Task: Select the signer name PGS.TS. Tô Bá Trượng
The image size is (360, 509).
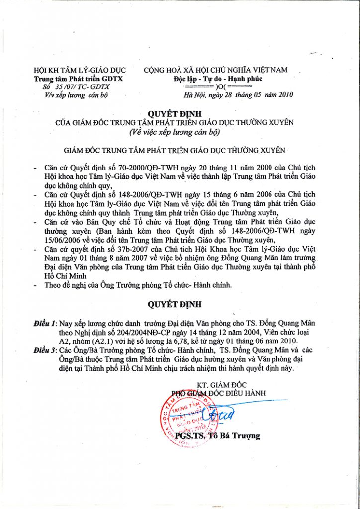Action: [x=217, y=436]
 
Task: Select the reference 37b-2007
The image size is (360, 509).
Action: [x=120, y=248]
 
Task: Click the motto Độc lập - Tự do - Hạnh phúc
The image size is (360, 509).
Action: [x=215, y=79]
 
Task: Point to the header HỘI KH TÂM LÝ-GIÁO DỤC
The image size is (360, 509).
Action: [x=80, y=70]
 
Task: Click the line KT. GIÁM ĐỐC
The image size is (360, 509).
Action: [x=219, y=384]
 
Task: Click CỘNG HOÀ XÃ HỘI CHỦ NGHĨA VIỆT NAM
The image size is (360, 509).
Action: [x=215, y=70]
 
